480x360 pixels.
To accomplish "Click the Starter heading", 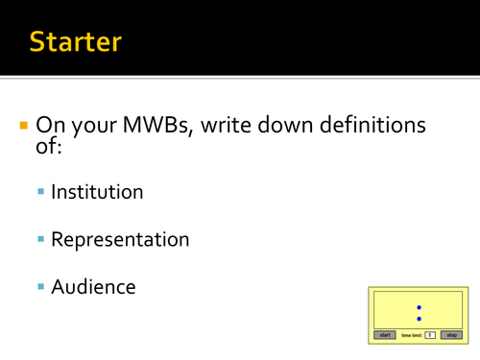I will point(75,41).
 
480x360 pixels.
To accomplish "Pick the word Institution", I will point(97,192).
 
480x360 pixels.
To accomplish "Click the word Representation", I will point(120,239).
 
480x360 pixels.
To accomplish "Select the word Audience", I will point(93,286).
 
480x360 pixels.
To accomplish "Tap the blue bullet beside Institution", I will point(41,193).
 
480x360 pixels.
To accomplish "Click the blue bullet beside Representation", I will point(41,240).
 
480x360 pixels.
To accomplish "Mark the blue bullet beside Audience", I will point(41,287).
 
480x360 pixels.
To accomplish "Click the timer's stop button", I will point(450,335).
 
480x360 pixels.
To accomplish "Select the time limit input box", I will point(429,335).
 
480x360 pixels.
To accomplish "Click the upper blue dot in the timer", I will point(419,307).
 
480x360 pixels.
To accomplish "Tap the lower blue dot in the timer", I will point(419,318).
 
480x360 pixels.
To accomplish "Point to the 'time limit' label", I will point(411,335).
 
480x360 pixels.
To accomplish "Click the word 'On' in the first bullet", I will point(50,126).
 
